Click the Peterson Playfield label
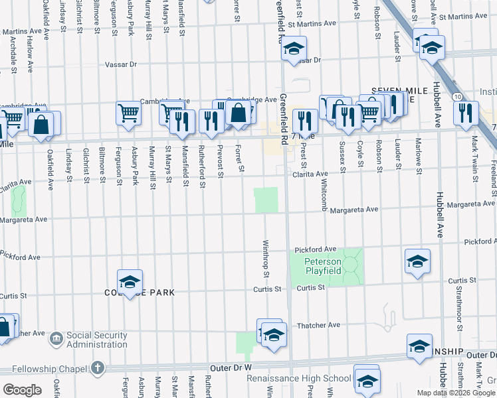pyautogui.click(x=323, y=266)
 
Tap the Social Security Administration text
pyautogui.click(x=96, y=340)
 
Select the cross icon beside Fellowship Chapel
pyautogui.click(x=98, y=367)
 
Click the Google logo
pyautogui.click(x=22, y=389)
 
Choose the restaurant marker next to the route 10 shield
pyautogui.click(x=466, y=112)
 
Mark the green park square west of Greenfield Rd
pyautogui.click(x=266, y=200)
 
